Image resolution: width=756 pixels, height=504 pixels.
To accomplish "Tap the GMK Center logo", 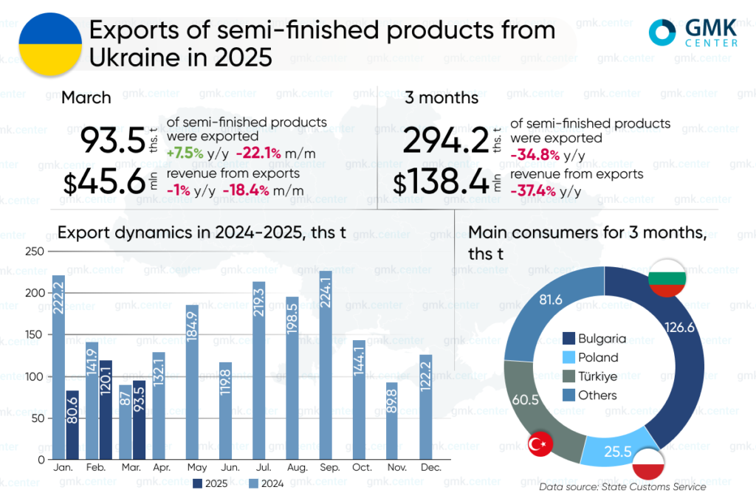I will (x=692, y=32).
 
